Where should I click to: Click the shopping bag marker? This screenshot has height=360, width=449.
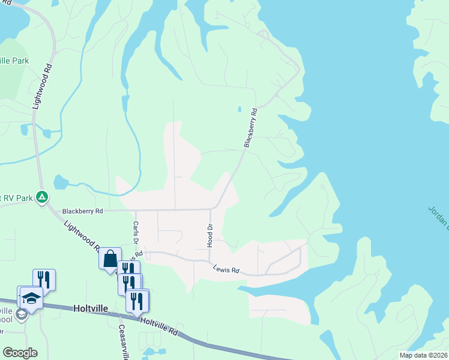110,259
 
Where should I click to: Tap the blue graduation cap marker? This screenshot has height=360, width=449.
31,298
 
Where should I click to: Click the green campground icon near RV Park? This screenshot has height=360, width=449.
42,196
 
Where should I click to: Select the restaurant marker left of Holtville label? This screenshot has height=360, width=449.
44,280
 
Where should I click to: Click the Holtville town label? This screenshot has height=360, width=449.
90,308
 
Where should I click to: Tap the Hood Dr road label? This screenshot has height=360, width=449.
210,236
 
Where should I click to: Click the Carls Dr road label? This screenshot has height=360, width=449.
136,232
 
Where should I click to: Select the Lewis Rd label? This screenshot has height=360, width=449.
227,270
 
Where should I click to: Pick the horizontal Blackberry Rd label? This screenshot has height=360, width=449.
83,211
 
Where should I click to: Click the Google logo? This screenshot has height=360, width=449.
20,353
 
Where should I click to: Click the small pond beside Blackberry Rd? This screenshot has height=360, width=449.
239,110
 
